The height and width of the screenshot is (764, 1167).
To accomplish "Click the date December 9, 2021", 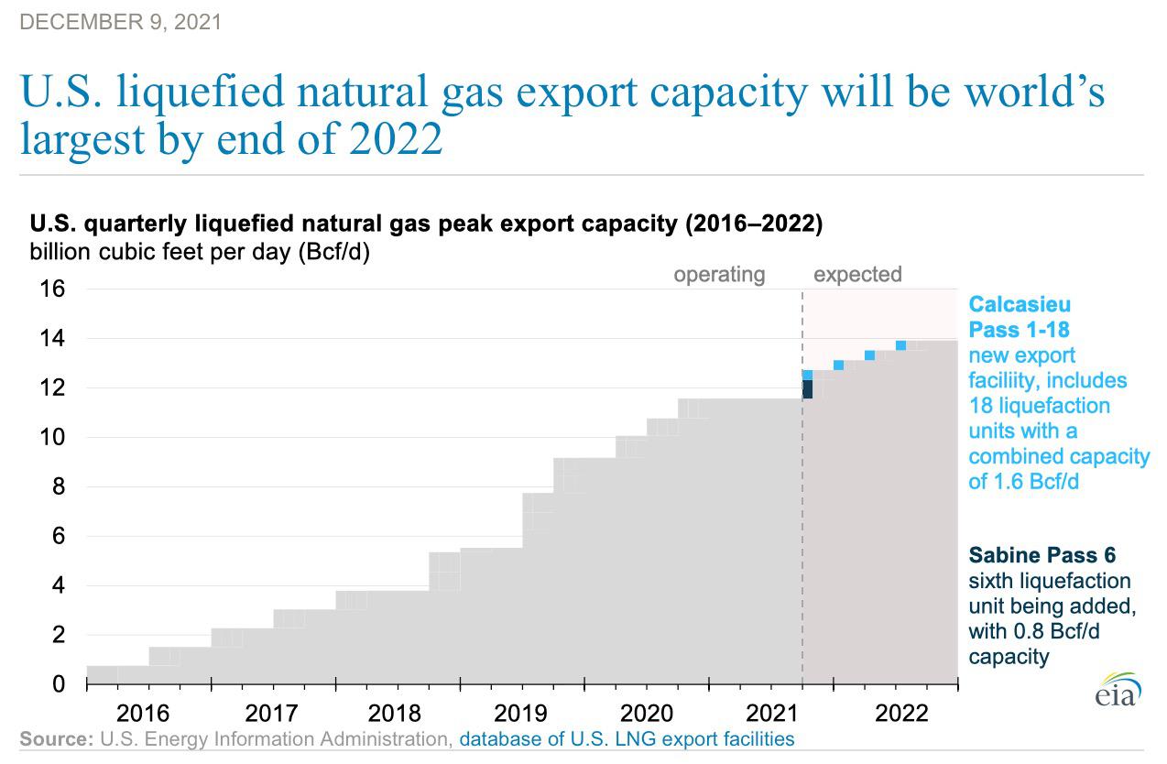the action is pyautogui.click(x=120, y=22).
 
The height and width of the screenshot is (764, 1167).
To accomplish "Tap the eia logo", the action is pyautogui.click(x=1118, y=690).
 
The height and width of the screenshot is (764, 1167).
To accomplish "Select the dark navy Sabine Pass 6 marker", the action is pyautogui.click(x=808, y=389).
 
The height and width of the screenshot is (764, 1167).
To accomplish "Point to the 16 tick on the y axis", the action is pyautogui.click(x=52, y=289).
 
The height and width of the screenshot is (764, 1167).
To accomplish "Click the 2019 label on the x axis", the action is pyautogui.click(x=520, y=714).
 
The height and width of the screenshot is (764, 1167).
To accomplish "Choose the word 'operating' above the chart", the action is pyautogui.click(x=719, y=275).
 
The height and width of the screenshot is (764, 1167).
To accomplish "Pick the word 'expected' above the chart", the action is pyautogui.click(x=857, y=275).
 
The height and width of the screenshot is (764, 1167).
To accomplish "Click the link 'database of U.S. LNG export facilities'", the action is pyautogui.click(x=627, y=739).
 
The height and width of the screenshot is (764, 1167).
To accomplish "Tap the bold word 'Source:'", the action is pyautogui.click(x=56, y=739).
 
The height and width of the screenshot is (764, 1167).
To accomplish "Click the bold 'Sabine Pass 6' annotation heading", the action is pyautogui.click(x=1042, y=555).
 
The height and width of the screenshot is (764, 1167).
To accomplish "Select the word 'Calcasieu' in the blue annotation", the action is pyautogui.click(x=1020, y=304).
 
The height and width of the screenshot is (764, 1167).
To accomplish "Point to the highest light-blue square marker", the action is pyautogui.click(x=900, y=345).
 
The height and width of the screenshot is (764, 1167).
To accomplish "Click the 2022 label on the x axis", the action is pyautogui.click(x=901, y=714).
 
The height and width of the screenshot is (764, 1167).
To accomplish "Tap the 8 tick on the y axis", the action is pyautogui.click(x=59, y=486).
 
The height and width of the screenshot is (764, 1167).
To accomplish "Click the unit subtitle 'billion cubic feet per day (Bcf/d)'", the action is pyautogui.click(x=200, y=252).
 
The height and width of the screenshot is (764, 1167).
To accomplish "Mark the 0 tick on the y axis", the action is pyautogui.click(x=59, y=683).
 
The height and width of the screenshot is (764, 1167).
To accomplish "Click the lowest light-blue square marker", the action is pyautogui.click(x=808, y=376).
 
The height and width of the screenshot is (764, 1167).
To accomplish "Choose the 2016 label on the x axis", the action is pyautogui.click(x=143, y=714).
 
